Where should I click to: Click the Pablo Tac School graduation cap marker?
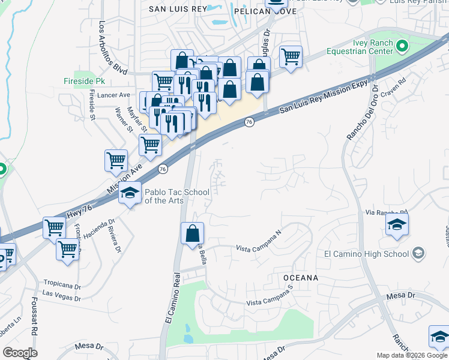coord(130,194)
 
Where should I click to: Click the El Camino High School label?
coord(367,254)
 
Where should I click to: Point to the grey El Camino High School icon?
coord(418,254)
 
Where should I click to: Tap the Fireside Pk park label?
coord(84,81)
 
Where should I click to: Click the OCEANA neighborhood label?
coord(300,278)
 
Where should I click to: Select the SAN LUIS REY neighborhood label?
coord(177,9)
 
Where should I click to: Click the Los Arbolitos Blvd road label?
coord(113,47)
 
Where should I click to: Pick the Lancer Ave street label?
coord(116,95)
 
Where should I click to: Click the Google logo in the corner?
coord(20,353)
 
